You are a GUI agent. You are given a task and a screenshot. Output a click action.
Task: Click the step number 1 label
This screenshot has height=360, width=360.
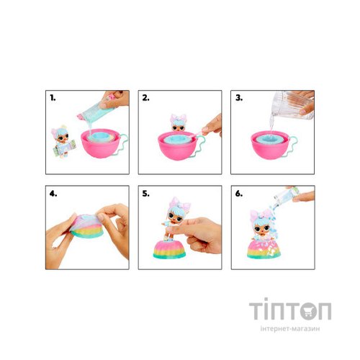point(53,98)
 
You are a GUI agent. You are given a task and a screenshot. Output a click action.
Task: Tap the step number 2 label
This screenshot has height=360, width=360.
point(145,98)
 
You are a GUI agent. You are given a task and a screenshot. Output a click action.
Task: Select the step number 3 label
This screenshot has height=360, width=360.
point(239,98)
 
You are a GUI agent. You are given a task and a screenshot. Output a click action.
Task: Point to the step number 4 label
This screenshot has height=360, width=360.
point(53,194)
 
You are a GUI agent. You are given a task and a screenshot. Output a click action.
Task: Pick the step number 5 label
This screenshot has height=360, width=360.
point(145,194)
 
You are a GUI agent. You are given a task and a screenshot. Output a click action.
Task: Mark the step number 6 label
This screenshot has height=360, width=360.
point(239,194)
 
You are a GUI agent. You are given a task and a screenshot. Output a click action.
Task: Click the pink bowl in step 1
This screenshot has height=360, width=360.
point(101,144)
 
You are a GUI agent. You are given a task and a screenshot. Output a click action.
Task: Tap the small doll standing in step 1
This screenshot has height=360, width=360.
point(63,142)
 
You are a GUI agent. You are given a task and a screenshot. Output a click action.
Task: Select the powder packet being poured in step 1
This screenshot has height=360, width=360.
point(96,111)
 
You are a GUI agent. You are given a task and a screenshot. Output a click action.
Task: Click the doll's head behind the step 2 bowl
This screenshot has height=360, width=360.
point(179,123)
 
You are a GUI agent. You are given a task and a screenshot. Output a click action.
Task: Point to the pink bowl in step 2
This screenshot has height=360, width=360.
point(178,145)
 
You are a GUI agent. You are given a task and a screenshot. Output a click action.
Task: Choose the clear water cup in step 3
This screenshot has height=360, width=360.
point(292,105)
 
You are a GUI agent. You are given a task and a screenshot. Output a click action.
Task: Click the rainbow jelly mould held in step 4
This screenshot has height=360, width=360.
point(87,226)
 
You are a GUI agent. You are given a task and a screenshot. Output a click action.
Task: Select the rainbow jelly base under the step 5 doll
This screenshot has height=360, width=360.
point(169,250)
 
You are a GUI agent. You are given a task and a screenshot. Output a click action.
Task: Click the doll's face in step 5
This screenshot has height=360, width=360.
point(175,217)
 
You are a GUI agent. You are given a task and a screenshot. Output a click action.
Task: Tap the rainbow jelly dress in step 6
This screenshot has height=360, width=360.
point(264,249)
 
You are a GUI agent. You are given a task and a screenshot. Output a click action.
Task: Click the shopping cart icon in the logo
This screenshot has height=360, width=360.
point(308,311)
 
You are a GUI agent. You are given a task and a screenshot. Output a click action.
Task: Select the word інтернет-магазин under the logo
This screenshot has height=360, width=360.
point(290,328)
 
